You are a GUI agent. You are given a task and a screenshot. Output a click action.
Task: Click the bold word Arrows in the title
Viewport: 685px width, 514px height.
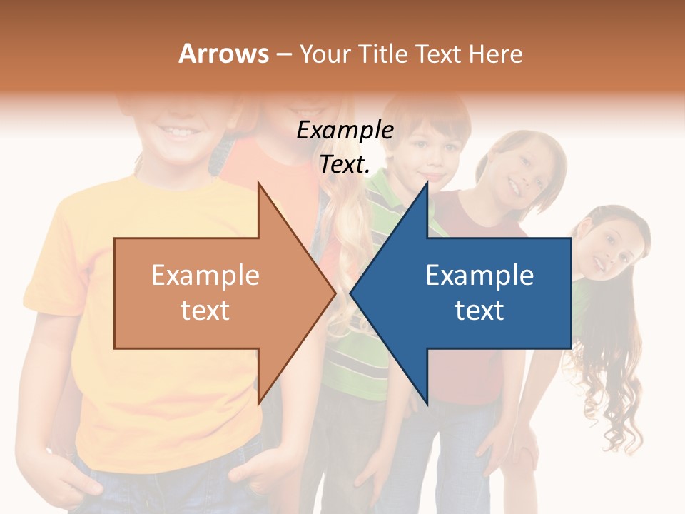point(223,54)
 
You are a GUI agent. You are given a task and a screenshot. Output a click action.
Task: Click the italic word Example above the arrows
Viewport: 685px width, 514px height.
point(345,131)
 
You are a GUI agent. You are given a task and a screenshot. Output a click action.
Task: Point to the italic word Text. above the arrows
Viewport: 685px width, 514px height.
point(345,165)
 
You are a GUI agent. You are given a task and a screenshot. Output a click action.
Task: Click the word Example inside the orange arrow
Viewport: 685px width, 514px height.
point(205,276)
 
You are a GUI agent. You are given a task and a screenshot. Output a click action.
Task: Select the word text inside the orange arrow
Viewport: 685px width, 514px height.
point(205,311)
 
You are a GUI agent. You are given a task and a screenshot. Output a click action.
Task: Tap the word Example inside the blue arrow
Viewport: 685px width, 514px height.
point(479,276)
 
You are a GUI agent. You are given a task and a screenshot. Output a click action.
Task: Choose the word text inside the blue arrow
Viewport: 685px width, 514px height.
point(479,311)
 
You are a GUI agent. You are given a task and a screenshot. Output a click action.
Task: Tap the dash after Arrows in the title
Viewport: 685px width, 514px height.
point(283,54)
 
